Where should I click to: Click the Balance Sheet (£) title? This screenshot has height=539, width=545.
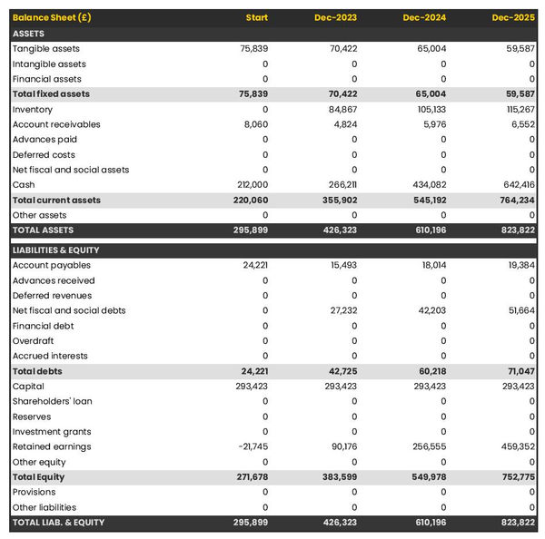tap(52, 18)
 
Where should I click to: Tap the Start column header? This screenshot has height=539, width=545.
tap(256, 18)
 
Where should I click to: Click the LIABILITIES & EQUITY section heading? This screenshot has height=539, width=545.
tap(56, 250)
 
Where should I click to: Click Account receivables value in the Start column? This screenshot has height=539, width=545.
tap(255, 124)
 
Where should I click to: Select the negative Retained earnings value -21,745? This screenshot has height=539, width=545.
tap(252, 446)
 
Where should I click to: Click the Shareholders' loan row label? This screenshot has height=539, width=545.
tap(52, 401)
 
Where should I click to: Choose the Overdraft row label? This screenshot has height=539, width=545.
tap(34, 341)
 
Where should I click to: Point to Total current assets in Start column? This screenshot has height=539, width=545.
tap(250, 200)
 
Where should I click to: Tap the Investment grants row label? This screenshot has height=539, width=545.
tap(51, 432)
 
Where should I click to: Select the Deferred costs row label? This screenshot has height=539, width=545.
tap(44, 154)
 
